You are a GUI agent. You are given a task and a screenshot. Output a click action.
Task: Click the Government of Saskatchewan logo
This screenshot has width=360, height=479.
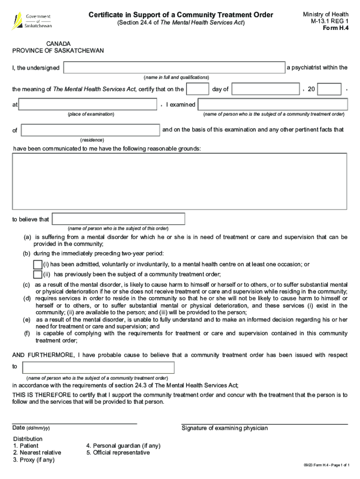tap(31, 21)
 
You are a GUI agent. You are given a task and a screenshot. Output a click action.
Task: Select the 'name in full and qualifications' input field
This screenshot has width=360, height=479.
tap(174, 68)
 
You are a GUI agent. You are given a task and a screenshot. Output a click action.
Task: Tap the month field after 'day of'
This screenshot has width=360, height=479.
tap(266, 89)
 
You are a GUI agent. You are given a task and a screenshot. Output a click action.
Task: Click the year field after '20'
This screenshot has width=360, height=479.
tap(330, 89)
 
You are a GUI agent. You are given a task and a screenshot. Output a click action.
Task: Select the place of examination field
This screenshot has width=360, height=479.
tap(87, 104)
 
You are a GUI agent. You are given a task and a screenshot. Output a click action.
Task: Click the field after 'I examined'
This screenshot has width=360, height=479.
tap(273, 104)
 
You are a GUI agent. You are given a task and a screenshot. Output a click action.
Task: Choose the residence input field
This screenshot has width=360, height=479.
tap(91, 130)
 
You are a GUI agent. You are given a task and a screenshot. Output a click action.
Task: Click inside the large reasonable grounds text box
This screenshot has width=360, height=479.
tap(180, 181)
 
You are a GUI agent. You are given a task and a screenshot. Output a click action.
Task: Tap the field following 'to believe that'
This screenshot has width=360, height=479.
tap(118, 219)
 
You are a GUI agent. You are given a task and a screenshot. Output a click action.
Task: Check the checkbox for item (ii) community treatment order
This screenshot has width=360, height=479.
tap(38, 274)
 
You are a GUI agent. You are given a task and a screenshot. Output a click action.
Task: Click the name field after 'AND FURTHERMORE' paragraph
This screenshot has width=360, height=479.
tap(98, 368)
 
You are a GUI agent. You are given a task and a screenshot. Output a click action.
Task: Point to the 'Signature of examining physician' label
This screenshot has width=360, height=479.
tap(224, 428)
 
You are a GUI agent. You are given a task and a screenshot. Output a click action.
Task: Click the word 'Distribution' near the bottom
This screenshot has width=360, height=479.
tap(28, 439)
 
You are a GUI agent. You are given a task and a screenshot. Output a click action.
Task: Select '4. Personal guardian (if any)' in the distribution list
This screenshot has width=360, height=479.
tap(123, 446)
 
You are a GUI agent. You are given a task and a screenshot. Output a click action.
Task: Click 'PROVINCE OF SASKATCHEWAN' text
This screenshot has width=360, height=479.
tap(58, 51)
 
